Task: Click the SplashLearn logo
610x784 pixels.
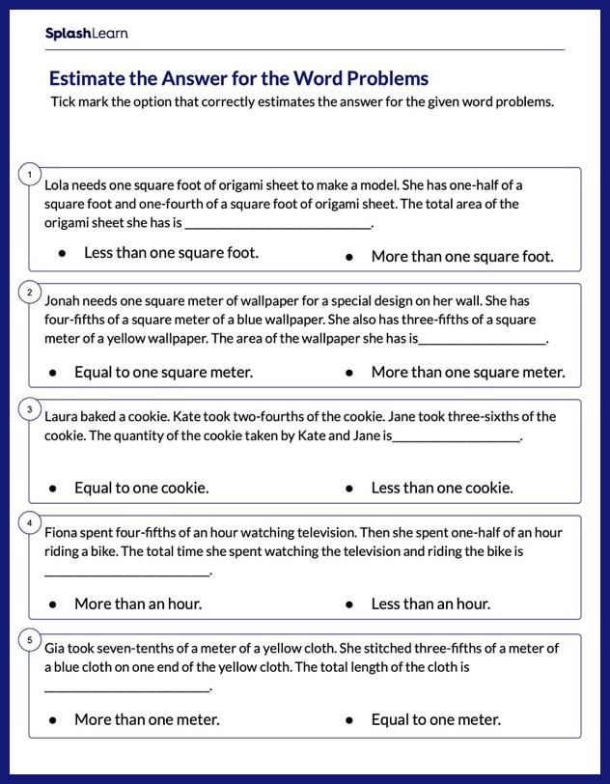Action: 86,34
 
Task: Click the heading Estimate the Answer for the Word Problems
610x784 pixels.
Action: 238,78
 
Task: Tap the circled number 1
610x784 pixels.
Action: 30,175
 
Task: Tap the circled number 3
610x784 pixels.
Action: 30,408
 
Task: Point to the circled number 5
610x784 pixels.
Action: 30,640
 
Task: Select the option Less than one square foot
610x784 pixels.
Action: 171,253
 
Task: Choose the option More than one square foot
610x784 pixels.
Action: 461,257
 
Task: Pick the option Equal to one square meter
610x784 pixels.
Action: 163,372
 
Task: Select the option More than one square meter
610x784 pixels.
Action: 467,372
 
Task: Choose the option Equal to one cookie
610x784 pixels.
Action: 141,488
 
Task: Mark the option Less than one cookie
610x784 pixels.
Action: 441,488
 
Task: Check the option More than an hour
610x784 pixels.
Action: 138,603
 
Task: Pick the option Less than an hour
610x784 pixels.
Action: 430,603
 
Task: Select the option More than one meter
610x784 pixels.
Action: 147,719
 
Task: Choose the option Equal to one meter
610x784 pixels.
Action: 435,719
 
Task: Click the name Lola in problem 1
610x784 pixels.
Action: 57,184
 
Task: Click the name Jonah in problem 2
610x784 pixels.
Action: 63,300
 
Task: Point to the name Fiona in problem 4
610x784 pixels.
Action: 62,532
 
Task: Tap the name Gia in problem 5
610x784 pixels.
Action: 55,648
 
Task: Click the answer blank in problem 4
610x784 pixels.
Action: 126,572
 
